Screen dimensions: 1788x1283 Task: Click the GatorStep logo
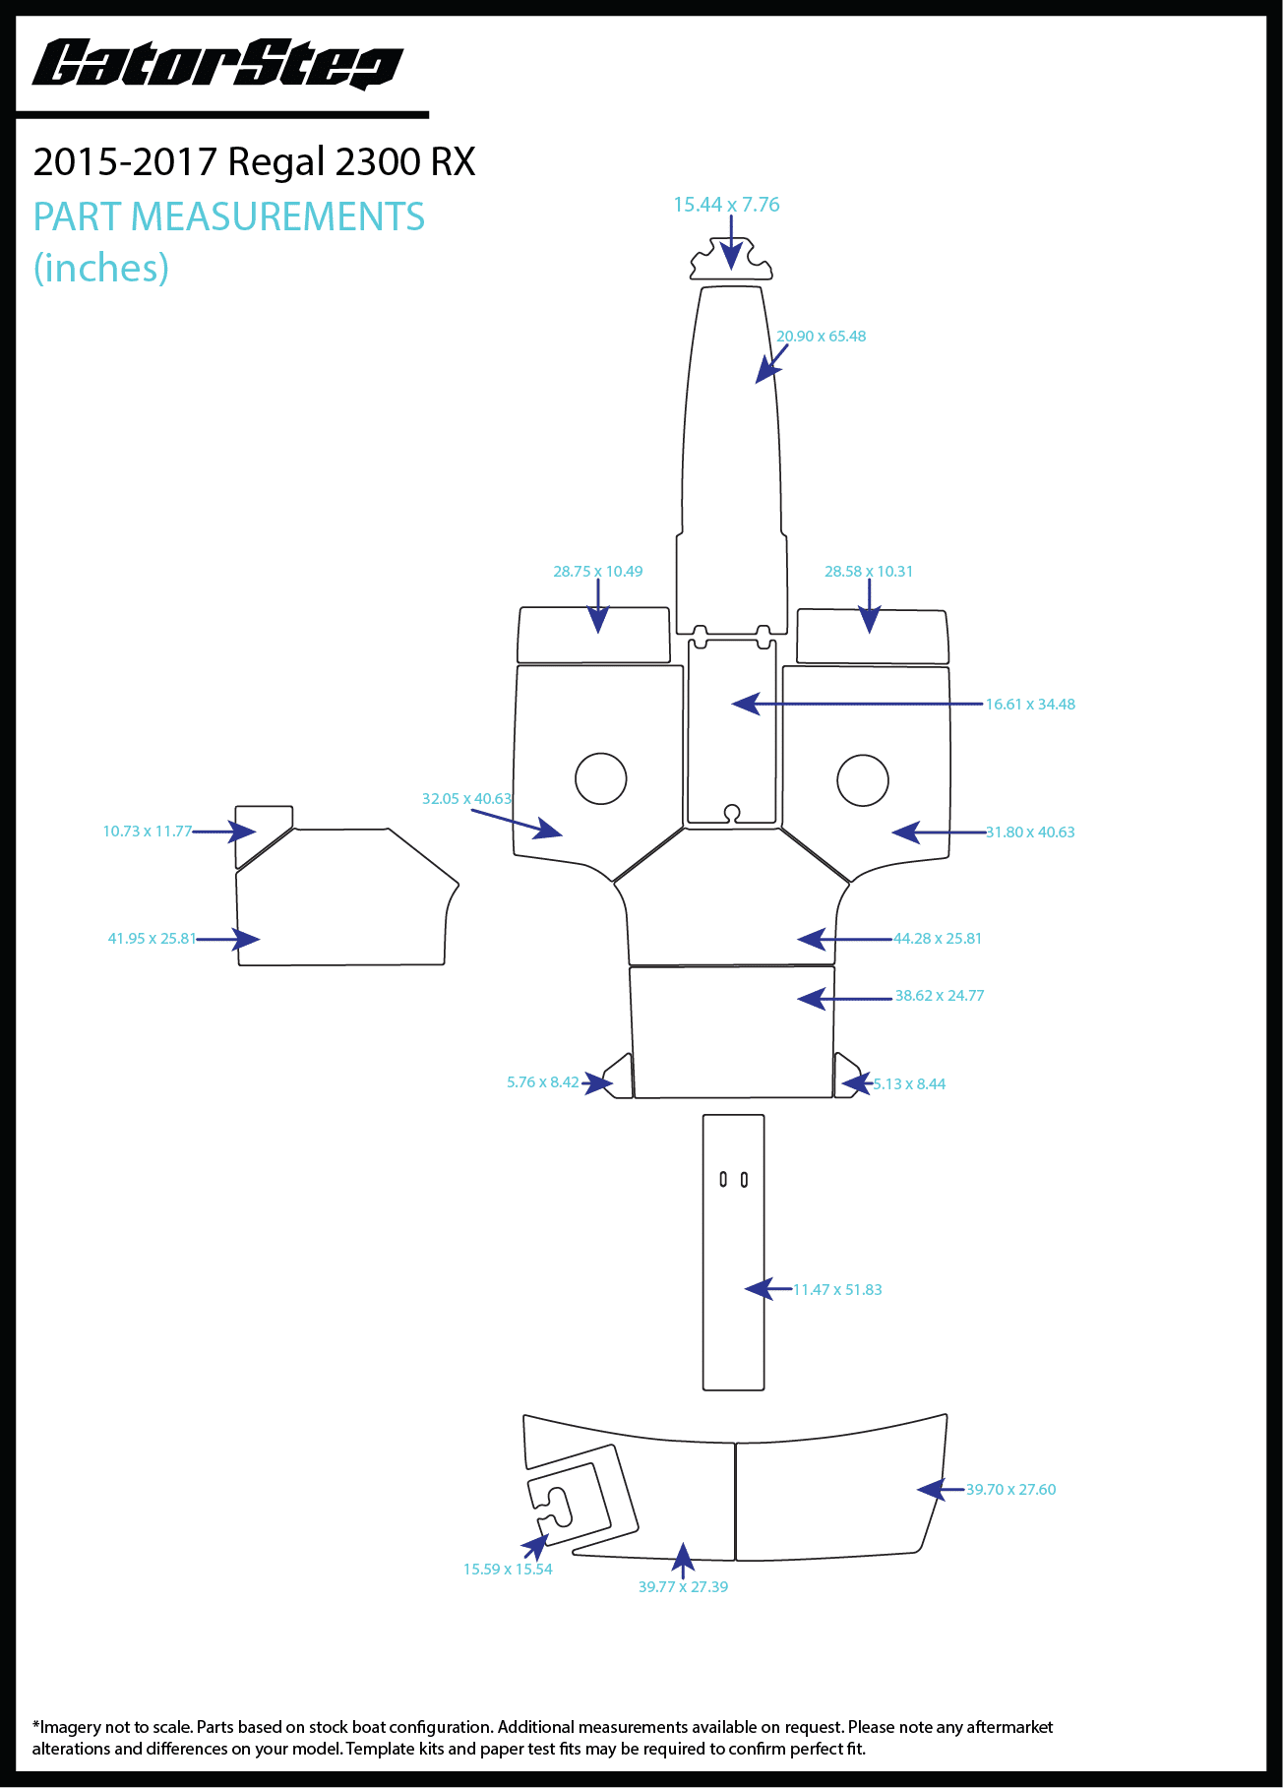217,65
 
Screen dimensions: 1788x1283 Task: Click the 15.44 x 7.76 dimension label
726,205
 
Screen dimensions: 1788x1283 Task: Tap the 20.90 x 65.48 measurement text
821,337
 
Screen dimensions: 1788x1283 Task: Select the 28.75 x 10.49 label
597,572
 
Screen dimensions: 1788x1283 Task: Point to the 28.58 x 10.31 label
868,572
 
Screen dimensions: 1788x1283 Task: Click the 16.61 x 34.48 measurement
1029,705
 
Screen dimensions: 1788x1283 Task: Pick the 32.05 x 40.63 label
466,799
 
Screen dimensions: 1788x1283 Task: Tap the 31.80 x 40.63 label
1029,832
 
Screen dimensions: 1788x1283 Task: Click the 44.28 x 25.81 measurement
937,939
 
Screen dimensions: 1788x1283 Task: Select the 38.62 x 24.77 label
939,996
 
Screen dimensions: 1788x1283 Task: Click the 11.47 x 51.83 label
837,1290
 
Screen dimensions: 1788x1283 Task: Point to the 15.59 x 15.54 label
508,1570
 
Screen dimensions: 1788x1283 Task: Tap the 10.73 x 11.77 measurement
148,832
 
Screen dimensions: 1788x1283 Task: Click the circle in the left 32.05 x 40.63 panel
600,778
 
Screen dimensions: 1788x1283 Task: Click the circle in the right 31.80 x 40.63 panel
863,780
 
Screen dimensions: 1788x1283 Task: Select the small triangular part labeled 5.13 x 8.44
845,1079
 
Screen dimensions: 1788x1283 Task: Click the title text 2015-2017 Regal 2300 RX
254,162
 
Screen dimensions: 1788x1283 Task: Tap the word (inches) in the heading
101,268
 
